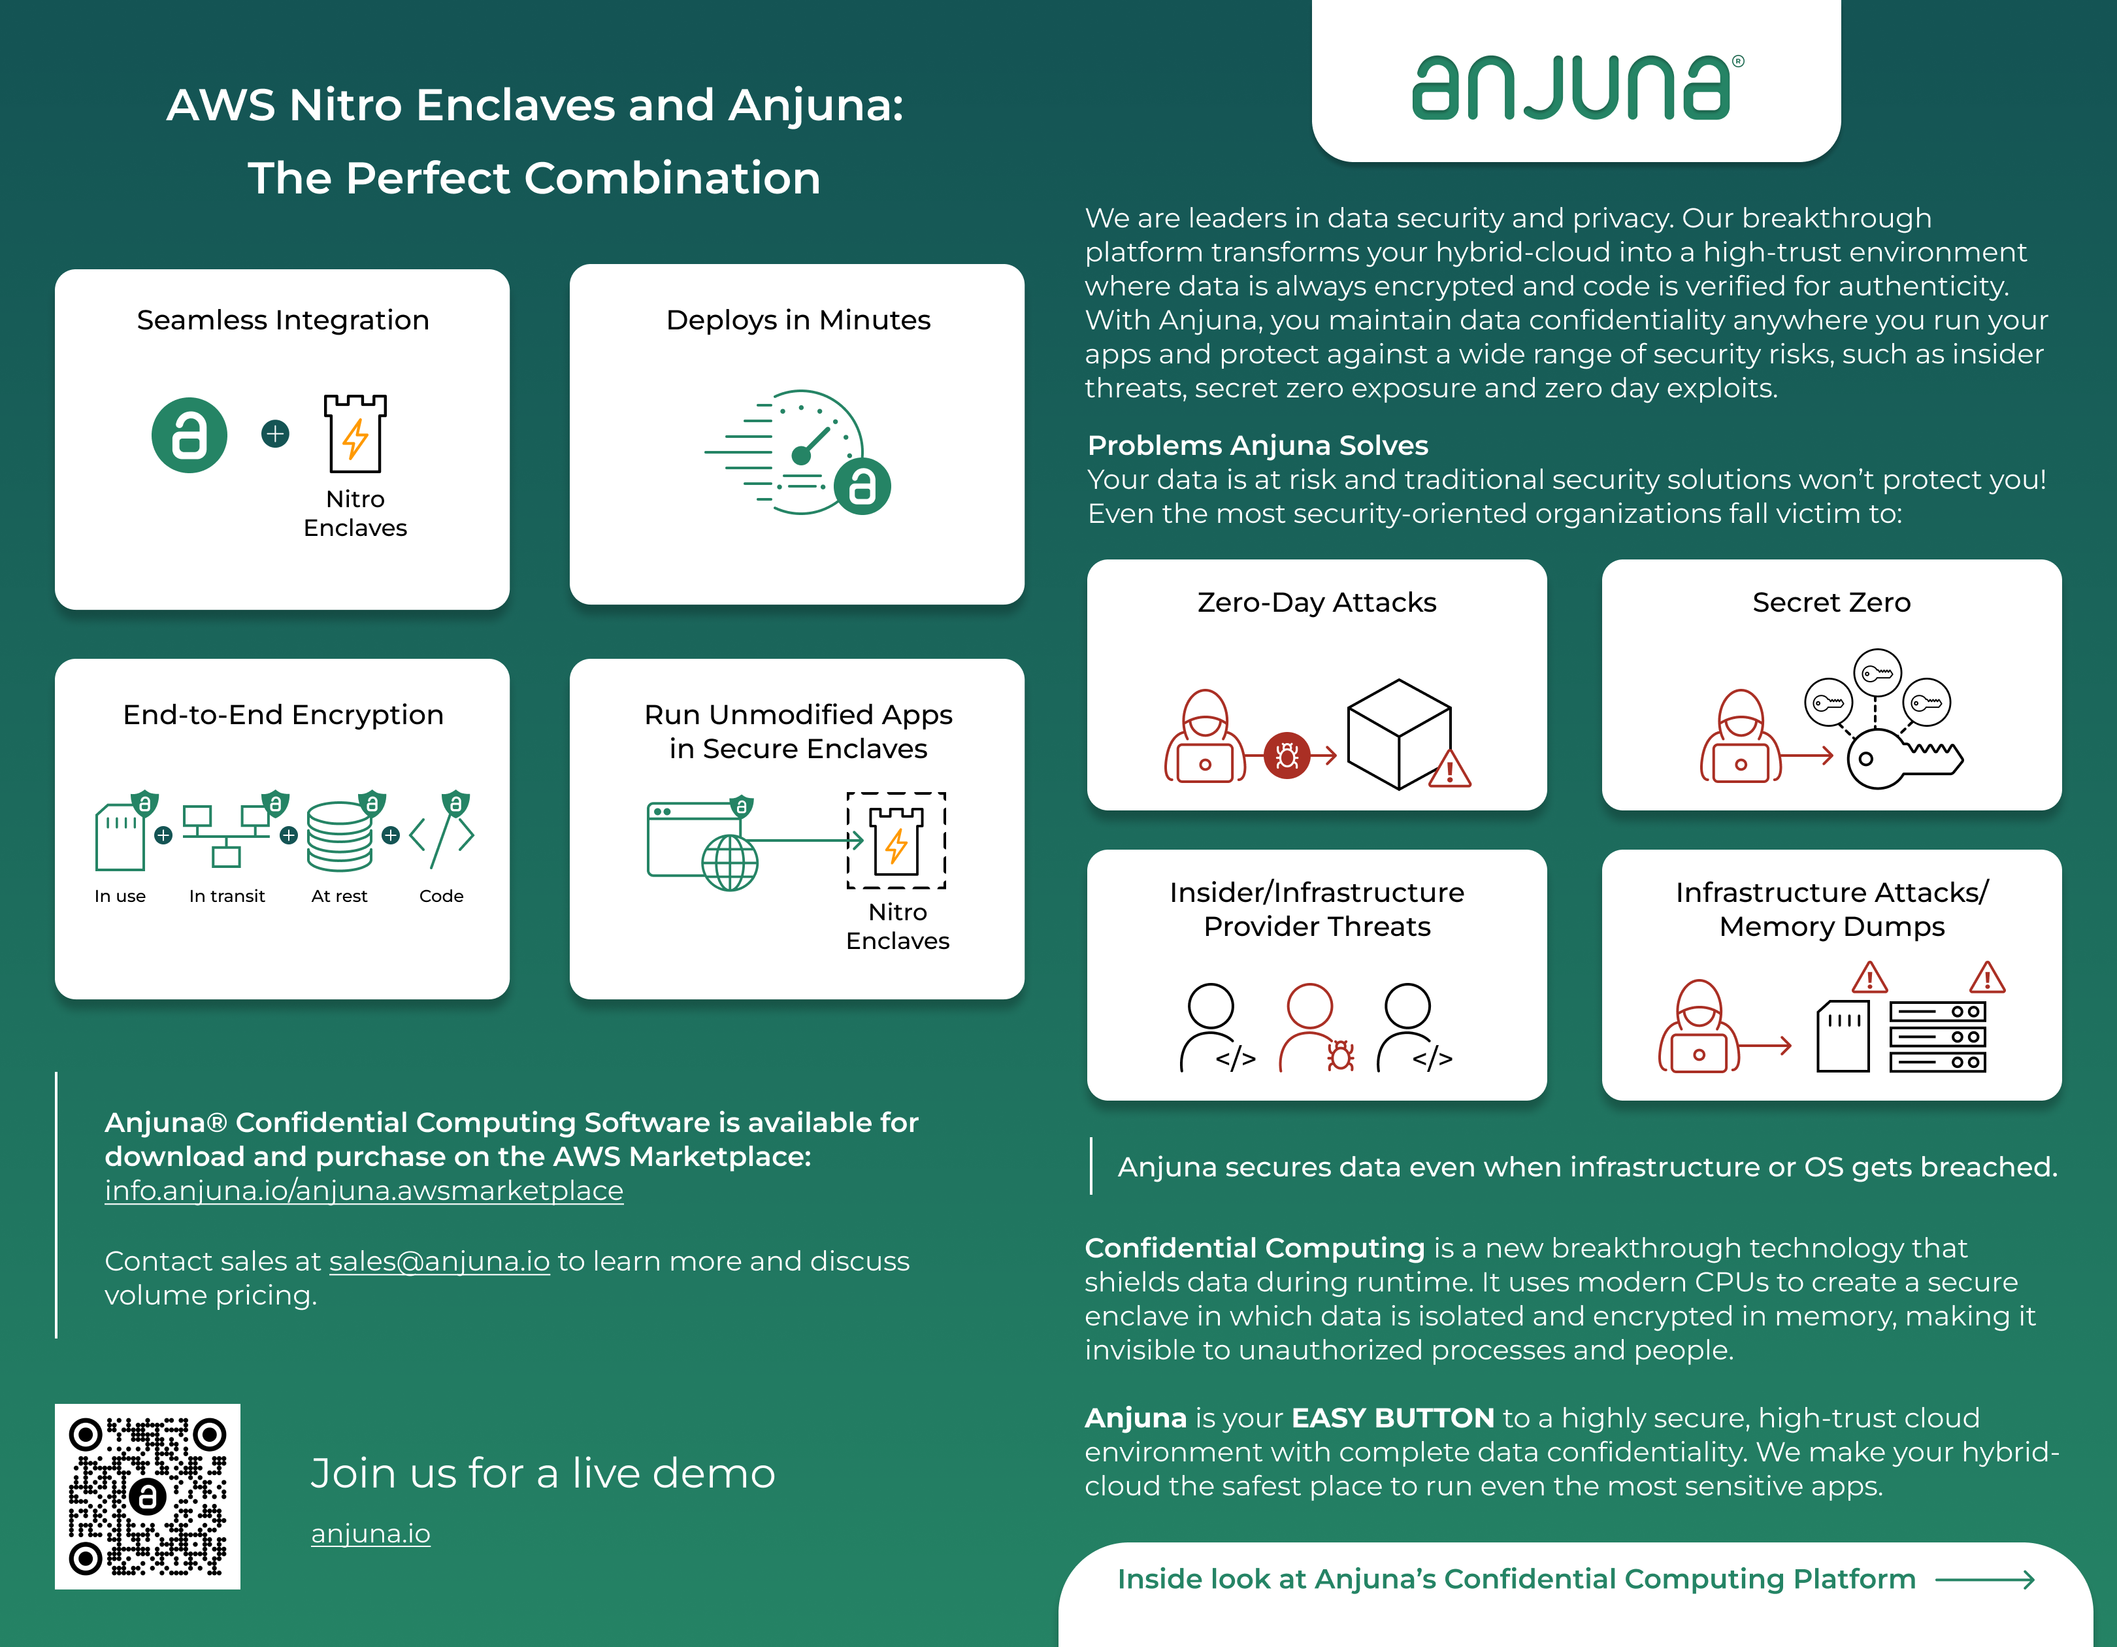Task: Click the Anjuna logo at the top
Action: click(1575, 87)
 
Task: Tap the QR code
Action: click(147, 1496)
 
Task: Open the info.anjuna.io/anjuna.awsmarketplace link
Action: click(363, 1190)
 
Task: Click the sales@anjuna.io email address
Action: click(439, 1261)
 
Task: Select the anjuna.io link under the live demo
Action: click(370, 1533)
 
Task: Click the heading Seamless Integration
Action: click(282, 320)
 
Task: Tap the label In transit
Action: click(227, 896)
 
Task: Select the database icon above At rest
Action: click(339, 836)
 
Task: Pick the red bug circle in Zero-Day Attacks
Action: click(1287, 755)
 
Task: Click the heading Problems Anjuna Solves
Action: click(1257, 445)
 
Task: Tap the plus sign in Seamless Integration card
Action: click(275, 433)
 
